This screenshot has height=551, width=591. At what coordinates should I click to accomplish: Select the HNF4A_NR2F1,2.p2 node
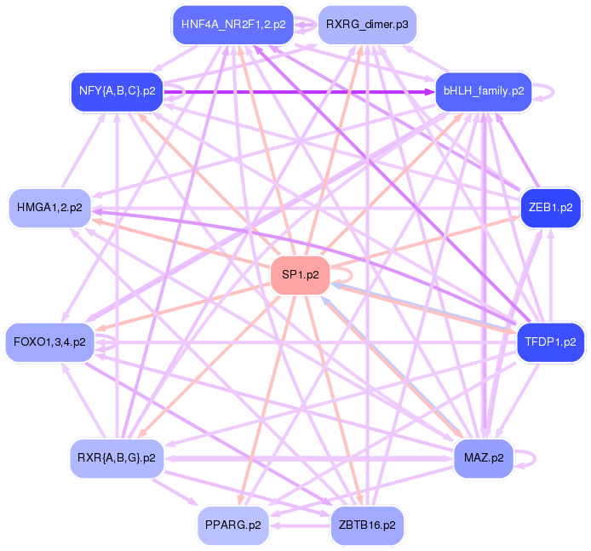233,25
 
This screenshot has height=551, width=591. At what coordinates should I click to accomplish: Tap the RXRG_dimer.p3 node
367,25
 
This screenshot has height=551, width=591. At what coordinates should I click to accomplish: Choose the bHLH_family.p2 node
483,90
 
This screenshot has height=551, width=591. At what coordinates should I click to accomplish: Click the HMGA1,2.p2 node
49,207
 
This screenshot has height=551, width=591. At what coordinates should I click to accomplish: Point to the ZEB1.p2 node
550,207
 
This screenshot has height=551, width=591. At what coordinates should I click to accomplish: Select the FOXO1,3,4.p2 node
49,342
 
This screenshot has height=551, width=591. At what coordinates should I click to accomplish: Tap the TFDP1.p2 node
550,342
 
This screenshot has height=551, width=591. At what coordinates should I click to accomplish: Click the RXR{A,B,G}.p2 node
116,458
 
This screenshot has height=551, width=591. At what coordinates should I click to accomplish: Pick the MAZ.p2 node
484,458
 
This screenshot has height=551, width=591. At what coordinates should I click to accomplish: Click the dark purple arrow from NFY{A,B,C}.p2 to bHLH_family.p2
298,90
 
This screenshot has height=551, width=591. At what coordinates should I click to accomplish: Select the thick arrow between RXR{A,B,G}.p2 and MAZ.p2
307,458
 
